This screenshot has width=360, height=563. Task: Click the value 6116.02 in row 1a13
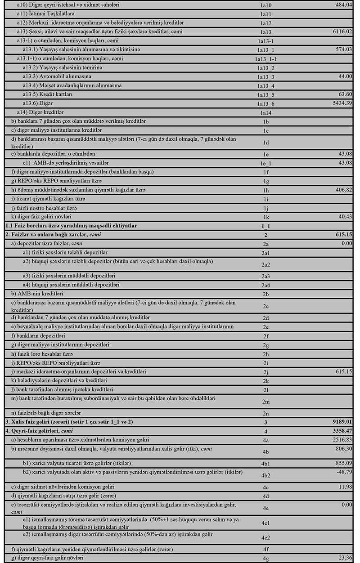343,31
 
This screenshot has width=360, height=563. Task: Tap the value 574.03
344,49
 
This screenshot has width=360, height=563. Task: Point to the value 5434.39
343,103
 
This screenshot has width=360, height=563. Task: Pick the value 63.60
346,94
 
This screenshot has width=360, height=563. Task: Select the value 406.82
344,190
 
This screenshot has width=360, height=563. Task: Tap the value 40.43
346,217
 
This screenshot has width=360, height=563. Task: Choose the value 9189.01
342,421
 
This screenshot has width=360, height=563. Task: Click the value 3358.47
342,430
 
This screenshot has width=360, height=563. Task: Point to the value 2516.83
343,439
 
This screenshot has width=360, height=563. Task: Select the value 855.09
344,463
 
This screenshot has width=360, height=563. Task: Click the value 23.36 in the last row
346,558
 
